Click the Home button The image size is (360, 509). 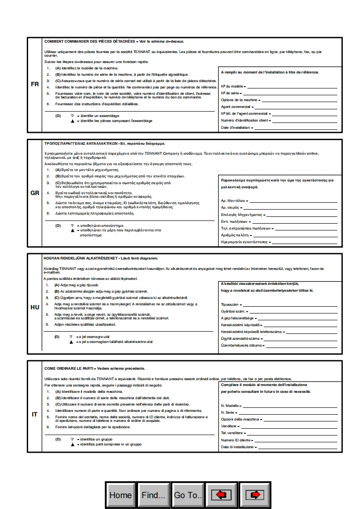point(120,494)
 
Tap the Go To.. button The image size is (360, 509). point(187,494)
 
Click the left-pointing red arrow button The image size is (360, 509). point(221,494)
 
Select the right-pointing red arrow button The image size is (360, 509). point(255,494)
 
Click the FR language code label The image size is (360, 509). point(35,84)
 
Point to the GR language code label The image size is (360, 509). point(35,193)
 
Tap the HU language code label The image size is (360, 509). point(35,307)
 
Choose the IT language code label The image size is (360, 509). point(35,414)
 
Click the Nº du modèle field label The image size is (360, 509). point(232,86)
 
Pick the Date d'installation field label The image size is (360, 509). point(236,128)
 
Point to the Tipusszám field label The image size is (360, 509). point(230,305)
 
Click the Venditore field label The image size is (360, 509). point(229,426)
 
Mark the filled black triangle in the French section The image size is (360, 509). point(72,121)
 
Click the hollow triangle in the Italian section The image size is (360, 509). point(72,440)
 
